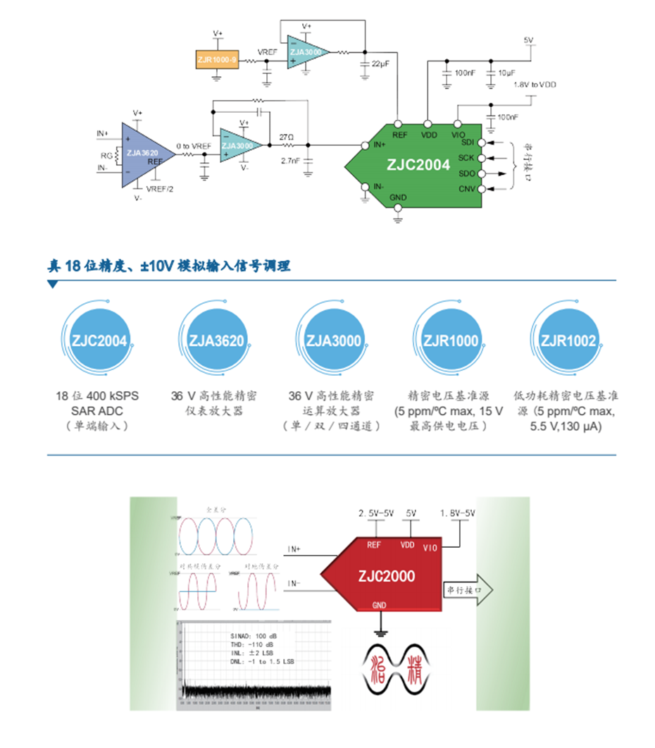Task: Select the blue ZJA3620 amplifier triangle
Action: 142,153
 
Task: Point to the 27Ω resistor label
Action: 286,137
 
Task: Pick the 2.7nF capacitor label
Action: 290,161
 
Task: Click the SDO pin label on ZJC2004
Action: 466,173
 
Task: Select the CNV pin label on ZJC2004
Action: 466,188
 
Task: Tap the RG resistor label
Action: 108,155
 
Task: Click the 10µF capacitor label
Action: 506,73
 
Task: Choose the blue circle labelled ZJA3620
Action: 216,341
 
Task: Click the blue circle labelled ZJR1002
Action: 568,341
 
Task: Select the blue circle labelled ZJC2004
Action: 99,341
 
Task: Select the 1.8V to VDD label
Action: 534,85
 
